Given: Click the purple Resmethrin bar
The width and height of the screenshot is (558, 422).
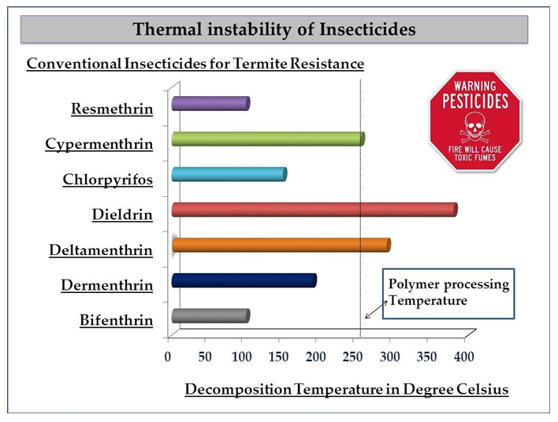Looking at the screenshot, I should [210, 103].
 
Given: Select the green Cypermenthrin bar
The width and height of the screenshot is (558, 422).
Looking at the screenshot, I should [268, 139].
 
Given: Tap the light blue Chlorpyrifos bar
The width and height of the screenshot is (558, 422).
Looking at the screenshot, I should [229, 174].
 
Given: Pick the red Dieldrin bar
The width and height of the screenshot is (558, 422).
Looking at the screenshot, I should [314, 209].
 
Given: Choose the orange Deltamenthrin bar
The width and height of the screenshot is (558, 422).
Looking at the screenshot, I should [281, 245].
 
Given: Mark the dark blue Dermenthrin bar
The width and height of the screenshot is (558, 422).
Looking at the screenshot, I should [243, 280].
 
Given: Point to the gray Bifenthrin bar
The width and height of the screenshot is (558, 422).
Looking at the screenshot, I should [210, 316].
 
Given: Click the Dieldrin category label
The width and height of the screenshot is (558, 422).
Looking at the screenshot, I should [122, 214].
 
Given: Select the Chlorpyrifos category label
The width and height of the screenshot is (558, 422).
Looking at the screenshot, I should [108, 180].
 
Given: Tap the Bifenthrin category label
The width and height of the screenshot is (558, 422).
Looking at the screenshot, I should [116, 320].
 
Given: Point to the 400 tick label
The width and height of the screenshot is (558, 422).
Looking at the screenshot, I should [463, 357].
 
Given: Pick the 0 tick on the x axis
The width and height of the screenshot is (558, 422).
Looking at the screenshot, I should [168, 357].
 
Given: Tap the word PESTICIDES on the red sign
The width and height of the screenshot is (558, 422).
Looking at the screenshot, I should [474, 102].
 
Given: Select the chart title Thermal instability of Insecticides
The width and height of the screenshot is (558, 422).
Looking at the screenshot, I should [273, 30].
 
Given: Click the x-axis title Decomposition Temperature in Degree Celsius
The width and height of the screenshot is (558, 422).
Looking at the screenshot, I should [347, 390].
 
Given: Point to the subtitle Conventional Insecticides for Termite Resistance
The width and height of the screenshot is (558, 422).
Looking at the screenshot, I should [195, 63].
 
